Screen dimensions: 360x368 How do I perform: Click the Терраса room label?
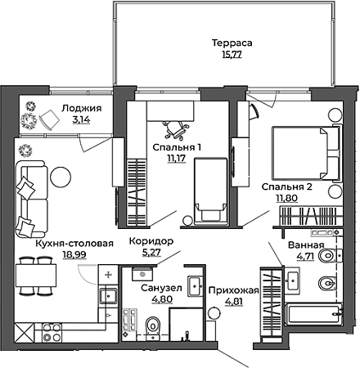coord(232,43)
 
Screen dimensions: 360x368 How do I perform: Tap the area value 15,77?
coord(232,55)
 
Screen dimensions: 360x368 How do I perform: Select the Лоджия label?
coord(82,109)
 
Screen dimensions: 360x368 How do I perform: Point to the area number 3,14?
coord(81,119)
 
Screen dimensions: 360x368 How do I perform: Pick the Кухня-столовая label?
coord(74,244)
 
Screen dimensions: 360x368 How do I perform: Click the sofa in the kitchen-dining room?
coord(31,199)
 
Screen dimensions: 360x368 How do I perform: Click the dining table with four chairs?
coord(36,276)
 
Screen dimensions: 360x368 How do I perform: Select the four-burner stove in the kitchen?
coord(52,332)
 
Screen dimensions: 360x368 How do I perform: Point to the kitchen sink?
coord(108,296)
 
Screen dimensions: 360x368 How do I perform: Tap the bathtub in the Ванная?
coord(313,314)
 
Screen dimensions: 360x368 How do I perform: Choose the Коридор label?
coord(151,241)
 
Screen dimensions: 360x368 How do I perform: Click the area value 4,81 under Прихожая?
coord(234,302)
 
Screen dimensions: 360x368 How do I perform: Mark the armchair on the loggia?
coord(50,119)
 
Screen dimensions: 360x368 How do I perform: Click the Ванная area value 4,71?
coord(305,257)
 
